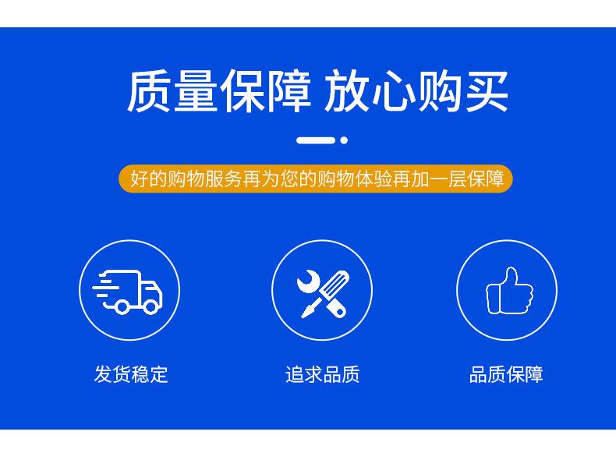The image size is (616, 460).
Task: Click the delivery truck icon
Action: click(127, 292)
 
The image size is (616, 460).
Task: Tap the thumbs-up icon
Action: click(509, 291)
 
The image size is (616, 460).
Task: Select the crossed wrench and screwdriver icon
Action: click(323, 293)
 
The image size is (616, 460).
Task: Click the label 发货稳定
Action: click(131, 374)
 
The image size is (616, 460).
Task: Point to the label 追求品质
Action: click(322, 374)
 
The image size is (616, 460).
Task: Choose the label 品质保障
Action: click(506, 374)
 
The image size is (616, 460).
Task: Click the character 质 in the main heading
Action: click(149, 90)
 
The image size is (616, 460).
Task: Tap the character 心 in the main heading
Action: click(393, 90)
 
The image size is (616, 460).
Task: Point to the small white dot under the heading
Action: click(344, 140)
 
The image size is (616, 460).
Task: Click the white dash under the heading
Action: click(316, 140)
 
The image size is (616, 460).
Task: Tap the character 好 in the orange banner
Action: click(140, 179)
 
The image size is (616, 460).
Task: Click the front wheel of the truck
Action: click(150, 306)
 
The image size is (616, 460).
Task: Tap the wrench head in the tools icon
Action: click(309, 281)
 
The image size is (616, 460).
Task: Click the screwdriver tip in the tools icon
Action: click(303, 313)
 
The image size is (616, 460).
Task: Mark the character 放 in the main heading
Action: click(346, 90)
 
